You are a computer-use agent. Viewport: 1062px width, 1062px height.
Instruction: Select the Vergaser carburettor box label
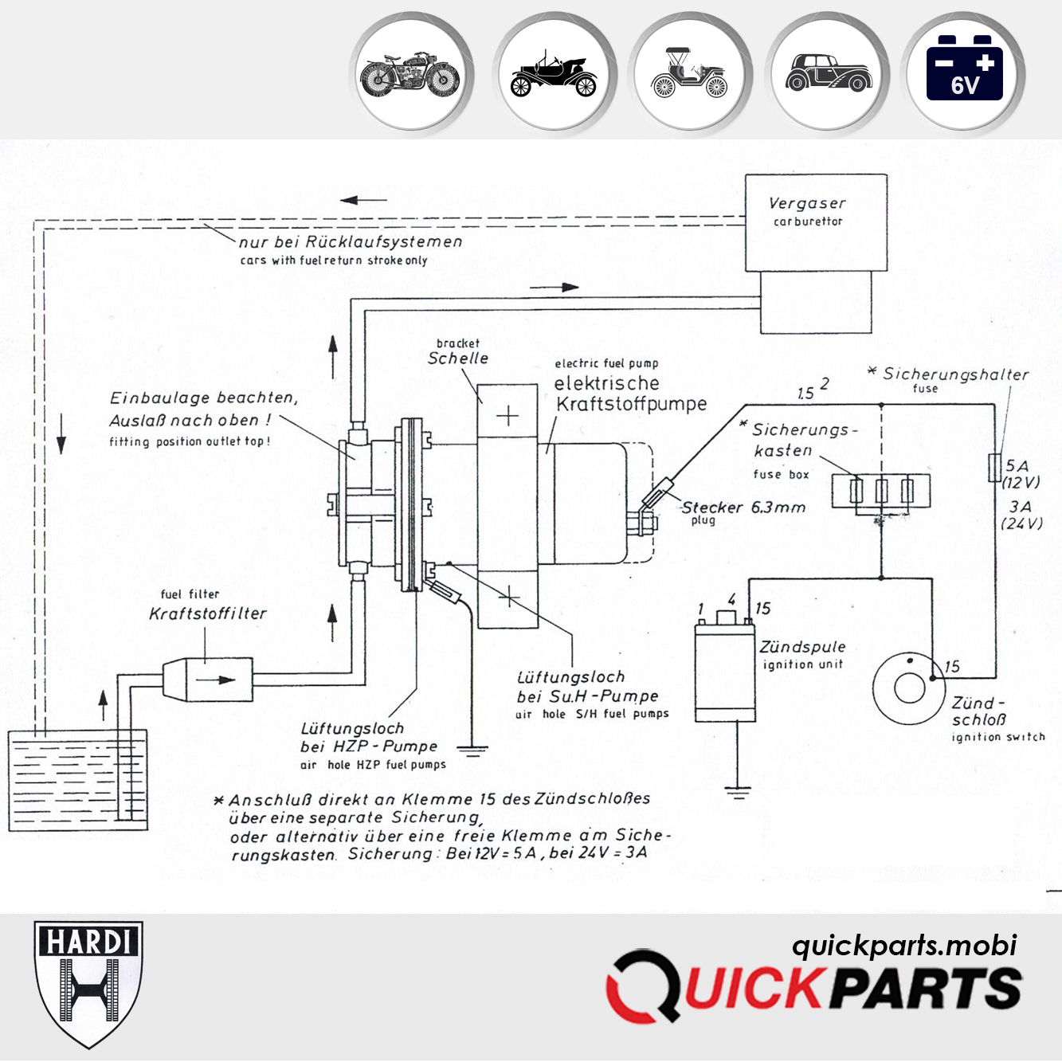(808, 211)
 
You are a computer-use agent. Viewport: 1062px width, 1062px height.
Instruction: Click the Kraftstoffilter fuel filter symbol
(209, 679)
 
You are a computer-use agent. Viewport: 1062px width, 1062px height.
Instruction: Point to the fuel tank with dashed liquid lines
(77, 781)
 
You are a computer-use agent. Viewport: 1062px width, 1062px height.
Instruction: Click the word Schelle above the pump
(458, 359)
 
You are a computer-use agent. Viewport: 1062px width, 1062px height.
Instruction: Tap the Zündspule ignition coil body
(724, 672)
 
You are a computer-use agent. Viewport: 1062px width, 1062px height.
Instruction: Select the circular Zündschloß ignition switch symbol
(909, 688)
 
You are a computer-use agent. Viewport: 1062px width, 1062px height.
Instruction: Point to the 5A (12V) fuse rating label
(1020, 474)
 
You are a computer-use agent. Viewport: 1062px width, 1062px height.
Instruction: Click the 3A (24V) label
(1021, 515)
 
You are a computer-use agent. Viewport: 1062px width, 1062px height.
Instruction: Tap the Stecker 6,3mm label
(743, 507)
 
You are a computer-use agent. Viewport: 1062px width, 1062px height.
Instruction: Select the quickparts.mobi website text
(903, 945)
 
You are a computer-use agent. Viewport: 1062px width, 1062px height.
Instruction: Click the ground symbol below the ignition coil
(738, 791)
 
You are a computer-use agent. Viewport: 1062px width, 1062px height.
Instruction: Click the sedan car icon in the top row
(829, 74)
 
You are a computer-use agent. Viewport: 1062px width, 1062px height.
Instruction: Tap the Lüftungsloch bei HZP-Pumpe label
(369, 738)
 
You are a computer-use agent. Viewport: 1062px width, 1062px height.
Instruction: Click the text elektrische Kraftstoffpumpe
(629, 394)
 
